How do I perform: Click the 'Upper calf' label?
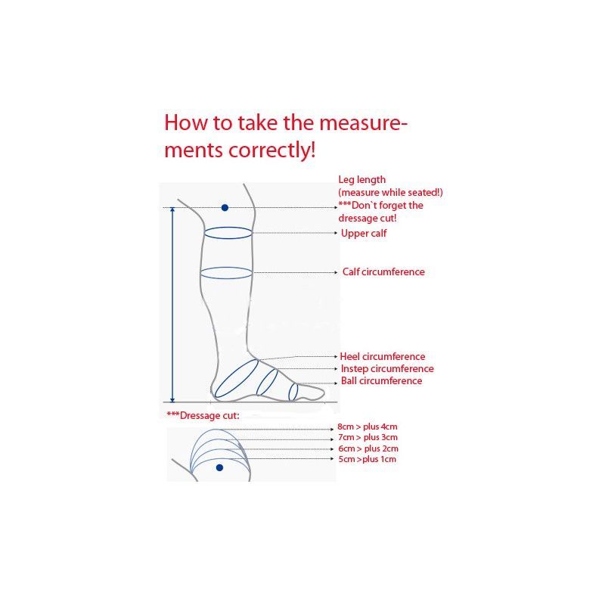tap(364, 234)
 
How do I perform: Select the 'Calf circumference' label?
tap(383, 271)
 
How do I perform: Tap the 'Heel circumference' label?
tap(383, 356)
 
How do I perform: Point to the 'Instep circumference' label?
tap(387, 369)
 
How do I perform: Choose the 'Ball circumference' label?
tap(381, 381)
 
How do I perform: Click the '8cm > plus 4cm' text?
tap(368, 427)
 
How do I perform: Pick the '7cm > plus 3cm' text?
tap(368, 438)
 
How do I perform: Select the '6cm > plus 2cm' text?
tap(368, 448)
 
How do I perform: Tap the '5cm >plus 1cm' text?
tap(368, 459)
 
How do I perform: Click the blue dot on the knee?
tap(225, 207)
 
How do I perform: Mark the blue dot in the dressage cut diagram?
tap(220, 467)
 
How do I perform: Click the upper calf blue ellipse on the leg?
tap(228, 228)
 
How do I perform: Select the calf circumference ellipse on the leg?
tap(226, 268)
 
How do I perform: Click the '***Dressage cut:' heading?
tap(203, 415)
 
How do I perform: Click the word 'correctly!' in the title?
tap(272, 150)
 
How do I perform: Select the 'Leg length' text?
tap(362, 180)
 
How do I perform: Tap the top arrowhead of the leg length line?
tap(172, 209)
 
